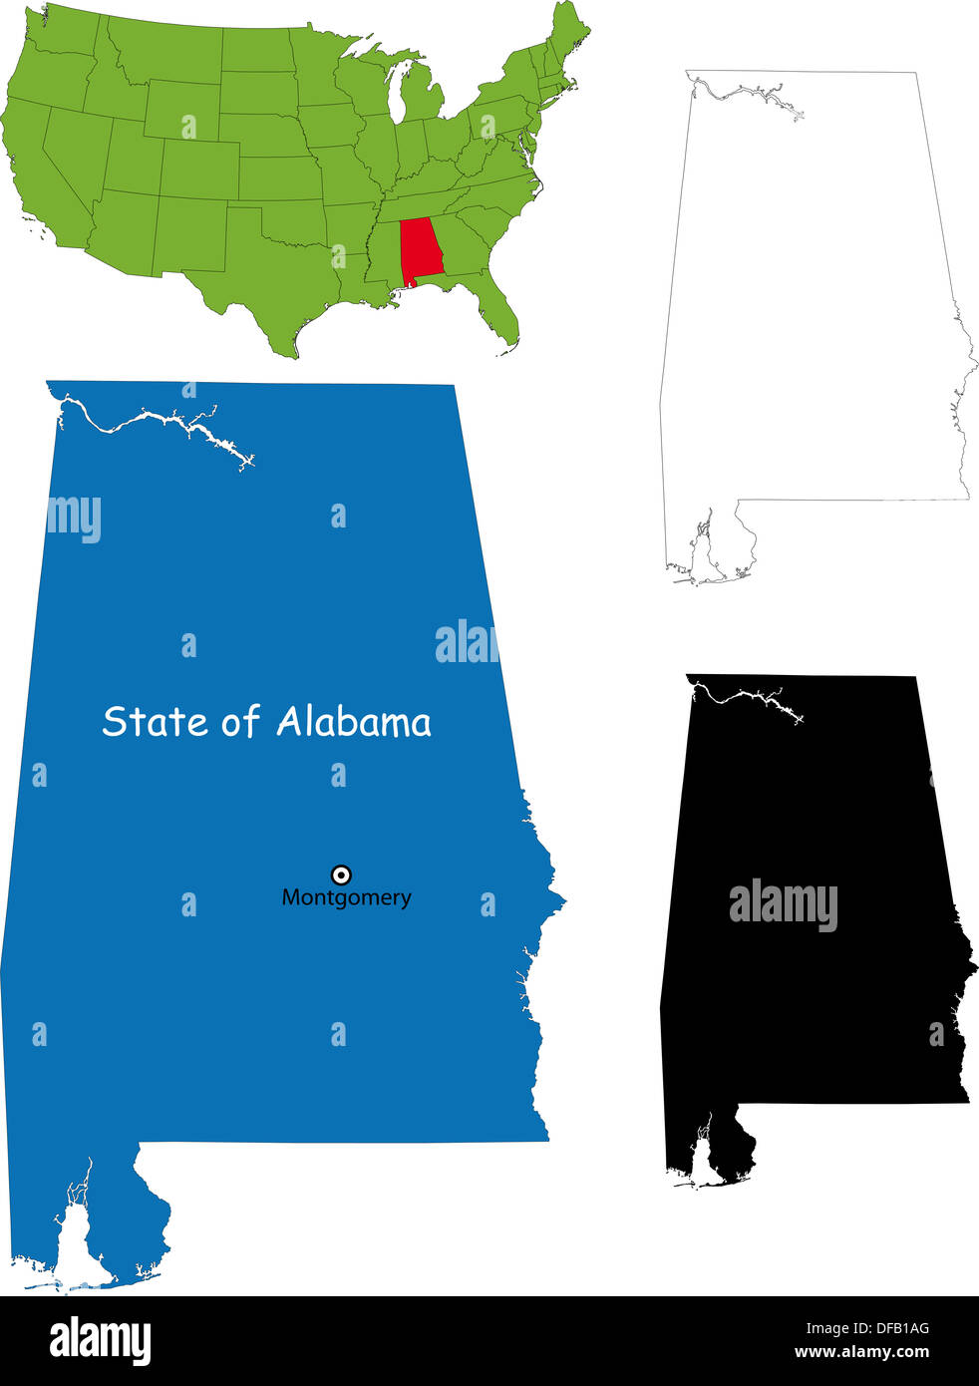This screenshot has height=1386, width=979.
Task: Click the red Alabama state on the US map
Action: coord(421,248)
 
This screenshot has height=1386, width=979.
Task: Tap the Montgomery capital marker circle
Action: coord(341,874)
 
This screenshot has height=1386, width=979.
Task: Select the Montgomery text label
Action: coord(346,897)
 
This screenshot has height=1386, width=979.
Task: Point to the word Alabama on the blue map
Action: coord(354,721)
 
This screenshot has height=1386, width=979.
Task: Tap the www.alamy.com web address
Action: coord(861,1353)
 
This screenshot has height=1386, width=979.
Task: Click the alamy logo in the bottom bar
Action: coord(101,1341)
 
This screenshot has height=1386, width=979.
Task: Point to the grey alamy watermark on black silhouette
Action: coord(783,904)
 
